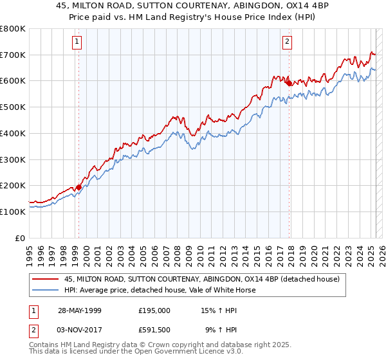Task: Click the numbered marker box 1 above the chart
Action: (77, 42)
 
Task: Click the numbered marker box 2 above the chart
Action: (287, 42)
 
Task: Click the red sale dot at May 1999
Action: (78, 187)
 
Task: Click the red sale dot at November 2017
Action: (289, 83)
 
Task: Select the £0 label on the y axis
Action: (21, 238)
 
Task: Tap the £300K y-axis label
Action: (14, 159)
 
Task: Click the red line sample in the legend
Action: (46, 279)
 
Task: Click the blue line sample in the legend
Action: (46, 290)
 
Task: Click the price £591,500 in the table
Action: (154, 330)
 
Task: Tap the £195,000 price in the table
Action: (154, 310)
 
